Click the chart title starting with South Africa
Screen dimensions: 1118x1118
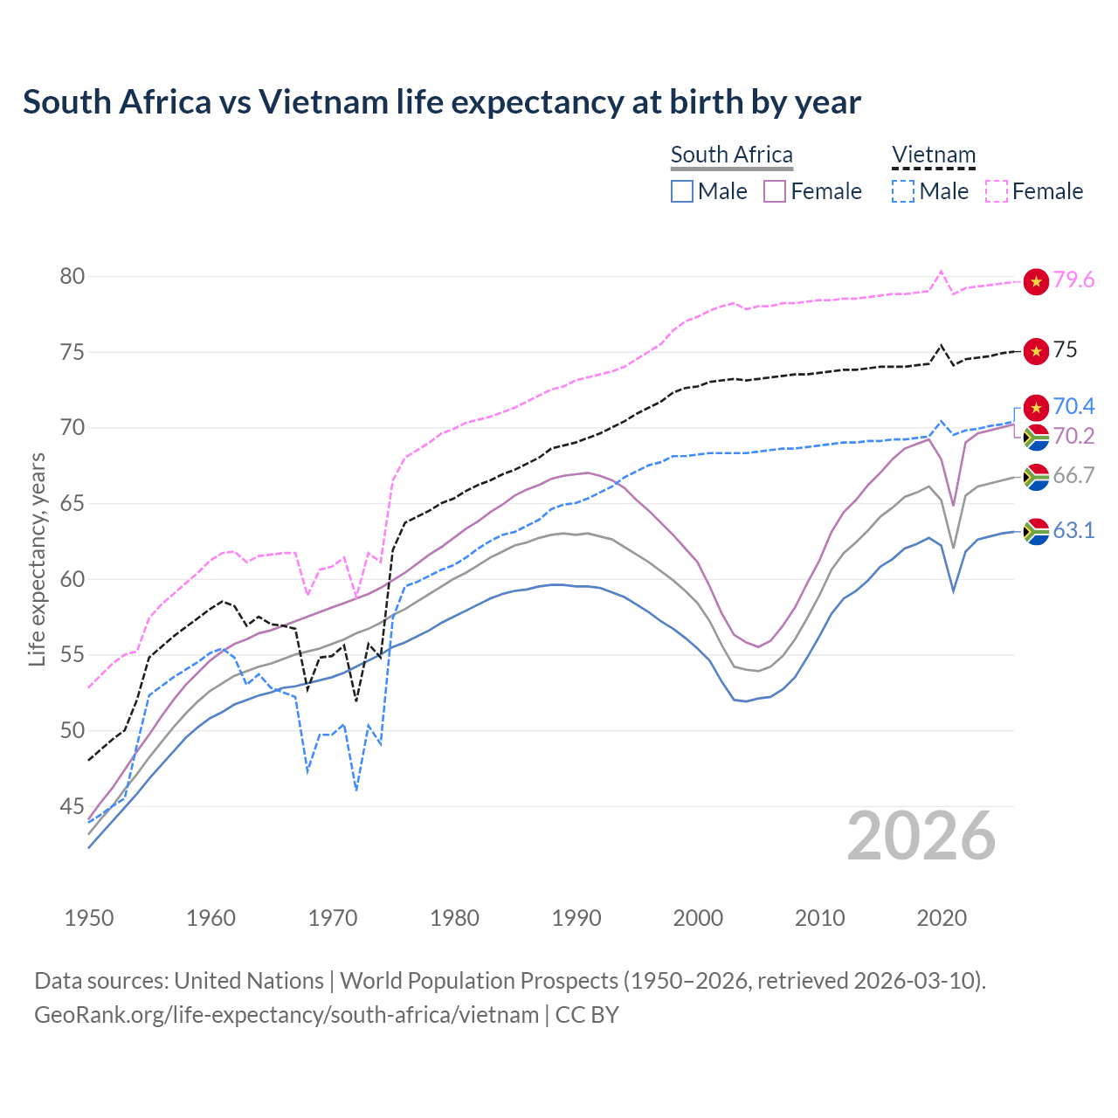click(x=442, y=102)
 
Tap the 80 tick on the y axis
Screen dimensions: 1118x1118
click(x=72, y=277)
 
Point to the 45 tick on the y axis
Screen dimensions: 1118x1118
click(x=72, y=806)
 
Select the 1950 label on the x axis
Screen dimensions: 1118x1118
click(x=89, y=918)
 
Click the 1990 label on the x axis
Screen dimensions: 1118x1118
click(x=576, y=918)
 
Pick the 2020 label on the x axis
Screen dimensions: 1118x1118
click(x=942, y=918)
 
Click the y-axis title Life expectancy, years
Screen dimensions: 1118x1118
click(x=37, y=559)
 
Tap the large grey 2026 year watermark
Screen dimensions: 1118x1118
click(x=921, y=836)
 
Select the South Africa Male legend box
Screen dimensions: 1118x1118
click(x=682, y=191)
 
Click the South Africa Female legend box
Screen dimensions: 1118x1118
click(x=775, y=191)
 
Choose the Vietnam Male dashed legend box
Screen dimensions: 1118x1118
click(x=903, y=191)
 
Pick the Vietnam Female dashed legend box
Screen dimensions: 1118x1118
click(x=997, y=191)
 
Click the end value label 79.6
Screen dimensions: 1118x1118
click(x=1073, y=280)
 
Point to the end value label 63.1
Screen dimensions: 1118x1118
click(x=1073, y=531)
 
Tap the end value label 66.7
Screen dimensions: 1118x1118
click(x=1073, y=476)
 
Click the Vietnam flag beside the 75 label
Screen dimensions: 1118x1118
click(x=1036, y=351)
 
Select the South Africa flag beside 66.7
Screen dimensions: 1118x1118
click(x=1036, y=477)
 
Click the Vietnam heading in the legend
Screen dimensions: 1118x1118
click(x=933, y=155)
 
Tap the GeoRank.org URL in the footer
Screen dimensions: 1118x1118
click(x=286, y=1015)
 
